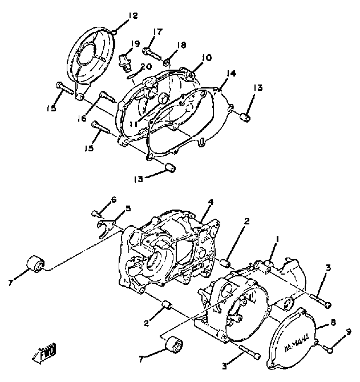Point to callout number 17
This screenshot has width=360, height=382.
point(158,31)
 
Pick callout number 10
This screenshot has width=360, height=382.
point(205,58)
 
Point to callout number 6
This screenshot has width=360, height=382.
point(114,199)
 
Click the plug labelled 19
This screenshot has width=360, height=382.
point(126,59)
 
